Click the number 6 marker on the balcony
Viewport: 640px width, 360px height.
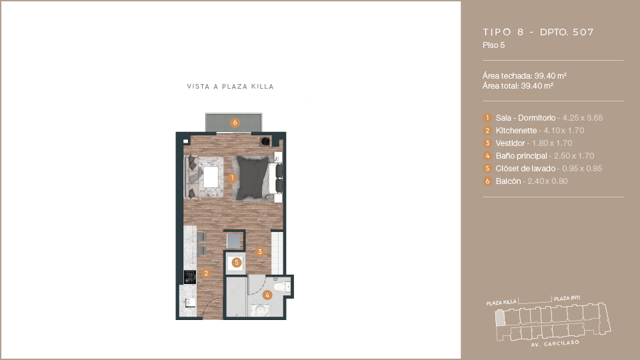235,123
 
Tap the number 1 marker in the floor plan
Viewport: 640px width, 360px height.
232,178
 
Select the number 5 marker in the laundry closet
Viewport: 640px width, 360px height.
236,263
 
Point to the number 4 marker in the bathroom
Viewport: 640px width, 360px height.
267,295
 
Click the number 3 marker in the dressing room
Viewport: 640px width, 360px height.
259,252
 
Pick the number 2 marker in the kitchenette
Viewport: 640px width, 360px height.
206,273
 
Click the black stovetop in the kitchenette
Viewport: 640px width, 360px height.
190,277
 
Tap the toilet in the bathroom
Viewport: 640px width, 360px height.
282,287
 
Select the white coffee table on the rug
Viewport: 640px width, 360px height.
211,177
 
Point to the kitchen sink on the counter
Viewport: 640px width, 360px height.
190,303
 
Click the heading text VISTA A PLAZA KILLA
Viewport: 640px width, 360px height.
230,87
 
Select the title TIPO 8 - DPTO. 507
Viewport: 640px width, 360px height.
538,32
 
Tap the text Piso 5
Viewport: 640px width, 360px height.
493,45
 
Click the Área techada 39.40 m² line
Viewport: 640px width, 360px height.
525,76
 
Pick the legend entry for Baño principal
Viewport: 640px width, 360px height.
539,156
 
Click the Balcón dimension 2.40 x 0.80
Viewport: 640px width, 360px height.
547,181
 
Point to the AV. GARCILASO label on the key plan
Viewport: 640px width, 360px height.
555,344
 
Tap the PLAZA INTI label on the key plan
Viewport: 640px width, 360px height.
567,299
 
